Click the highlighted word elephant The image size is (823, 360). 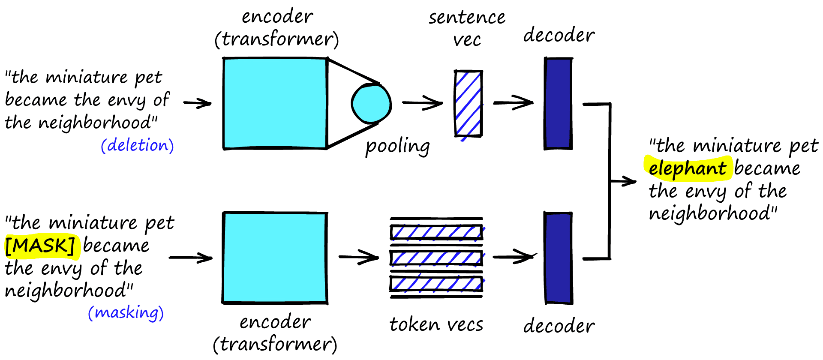[687, 168]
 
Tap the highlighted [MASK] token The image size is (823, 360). [41, 246]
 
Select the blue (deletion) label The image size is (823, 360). [137, 145]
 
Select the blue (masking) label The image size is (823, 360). [126, 312]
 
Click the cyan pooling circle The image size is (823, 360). [371, 104]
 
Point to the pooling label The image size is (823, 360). [397, 146]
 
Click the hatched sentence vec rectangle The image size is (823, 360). [468, 104]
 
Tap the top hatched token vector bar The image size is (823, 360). [436, 232]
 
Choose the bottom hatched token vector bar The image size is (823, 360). [436, 284]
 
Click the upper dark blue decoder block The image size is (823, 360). [558, 104]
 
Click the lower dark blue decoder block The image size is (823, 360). [558, 258]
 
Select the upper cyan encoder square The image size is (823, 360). [275, 104]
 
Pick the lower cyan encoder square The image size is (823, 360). [275, 258]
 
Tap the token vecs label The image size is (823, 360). [436, 324]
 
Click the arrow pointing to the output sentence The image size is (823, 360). [624, 182]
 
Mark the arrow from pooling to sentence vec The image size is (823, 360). [422, 103]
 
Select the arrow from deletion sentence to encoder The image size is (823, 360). [197, 103]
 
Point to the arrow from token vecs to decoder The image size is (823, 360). [514, 257]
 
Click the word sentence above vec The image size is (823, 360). [467, 18]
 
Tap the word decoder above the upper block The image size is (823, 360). [559, 35]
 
